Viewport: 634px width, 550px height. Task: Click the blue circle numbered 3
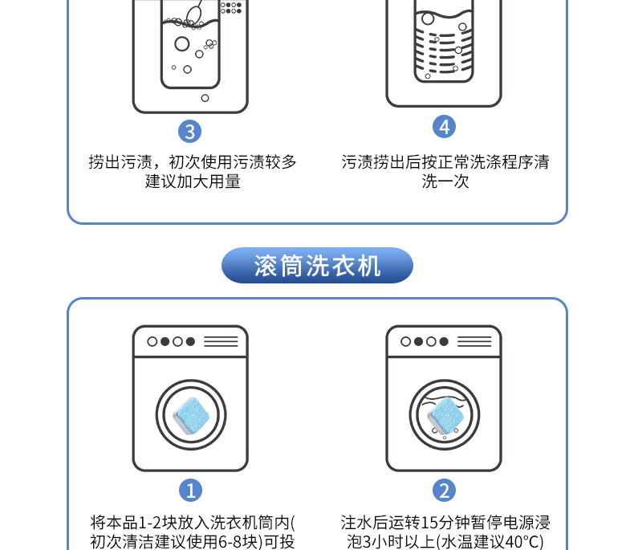189,132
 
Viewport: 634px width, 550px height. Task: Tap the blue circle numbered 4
444,127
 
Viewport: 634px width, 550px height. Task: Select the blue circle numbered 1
190,490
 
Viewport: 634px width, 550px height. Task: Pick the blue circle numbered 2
444,490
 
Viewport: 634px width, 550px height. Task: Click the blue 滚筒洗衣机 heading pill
317,265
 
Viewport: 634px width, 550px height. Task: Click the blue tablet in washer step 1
191,415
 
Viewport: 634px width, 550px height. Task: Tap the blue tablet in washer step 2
446,415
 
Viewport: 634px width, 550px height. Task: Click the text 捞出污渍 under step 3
120,161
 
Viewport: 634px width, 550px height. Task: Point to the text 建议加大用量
193,181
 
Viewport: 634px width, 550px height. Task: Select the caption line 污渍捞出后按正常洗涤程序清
445,161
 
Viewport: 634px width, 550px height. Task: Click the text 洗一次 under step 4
445,181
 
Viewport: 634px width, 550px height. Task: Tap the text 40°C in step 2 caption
518,542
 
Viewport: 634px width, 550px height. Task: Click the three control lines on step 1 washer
221,341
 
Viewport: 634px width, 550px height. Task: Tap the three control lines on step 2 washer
474,341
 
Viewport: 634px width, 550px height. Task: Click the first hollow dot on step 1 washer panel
152,342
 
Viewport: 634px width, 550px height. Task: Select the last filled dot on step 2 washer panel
444,342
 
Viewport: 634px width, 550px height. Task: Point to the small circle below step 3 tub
205,98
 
